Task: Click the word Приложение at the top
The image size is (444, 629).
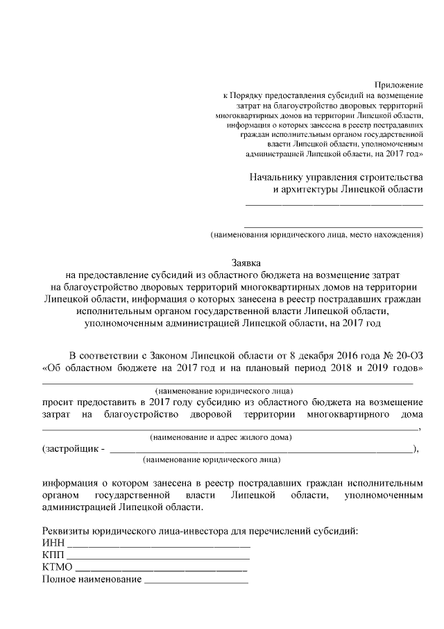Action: coord(399,84)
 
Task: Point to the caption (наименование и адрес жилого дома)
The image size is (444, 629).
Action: coord(221,437)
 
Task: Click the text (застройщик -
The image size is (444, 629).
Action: coord(74,448)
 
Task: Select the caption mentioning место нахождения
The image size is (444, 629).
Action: coord(317,235)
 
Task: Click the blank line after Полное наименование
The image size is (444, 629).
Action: coord(196,582)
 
